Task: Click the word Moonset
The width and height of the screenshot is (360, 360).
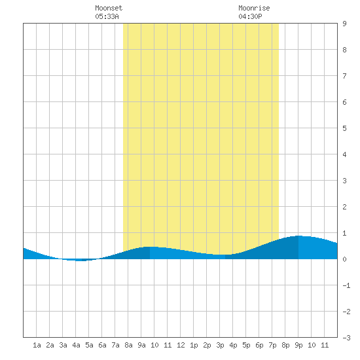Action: point(109,8)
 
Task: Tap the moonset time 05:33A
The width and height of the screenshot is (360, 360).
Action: point(107,16)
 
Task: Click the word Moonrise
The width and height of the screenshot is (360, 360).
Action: point(254,8)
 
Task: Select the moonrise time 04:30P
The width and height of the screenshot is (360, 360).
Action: point(250,16)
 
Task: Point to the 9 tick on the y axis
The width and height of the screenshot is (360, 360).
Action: point(344,24)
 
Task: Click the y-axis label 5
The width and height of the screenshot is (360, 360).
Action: point(344,128)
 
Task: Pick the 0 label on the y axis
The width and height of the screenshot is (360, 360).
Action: point(344,259)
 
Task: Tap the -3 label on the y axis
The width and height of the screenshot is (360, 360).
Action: point(346,338)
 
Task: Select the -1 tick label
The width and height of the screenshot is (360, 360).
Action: point(346,285)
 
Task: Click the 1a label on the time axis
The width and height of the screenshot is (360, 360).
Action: point(37,345)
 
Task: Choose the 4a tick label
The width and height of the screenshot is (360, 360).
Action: point(76,345)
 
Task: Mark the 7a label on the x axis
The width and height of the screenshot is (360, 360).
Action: point(115,345)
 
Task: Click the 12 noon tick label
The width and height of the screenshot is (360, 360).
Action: point(181,345)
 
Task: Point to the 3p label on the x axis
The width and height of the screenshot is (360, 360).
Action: point(220,345)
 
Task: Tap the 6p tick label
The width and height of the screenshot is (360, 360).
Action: point(259,345)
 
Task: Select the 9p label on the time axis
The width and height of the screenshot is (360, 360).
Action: point(298,345)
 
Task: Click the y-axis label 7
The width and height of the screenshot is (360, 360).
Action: point(344,76)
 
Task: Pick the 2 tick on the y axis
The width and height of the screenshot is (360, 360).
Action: point(344,207)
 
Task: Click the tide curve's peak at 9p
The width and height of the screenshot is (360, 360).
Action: point(298,236)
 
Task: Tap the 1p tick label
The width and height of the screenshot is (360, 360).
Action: point(194,345)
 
